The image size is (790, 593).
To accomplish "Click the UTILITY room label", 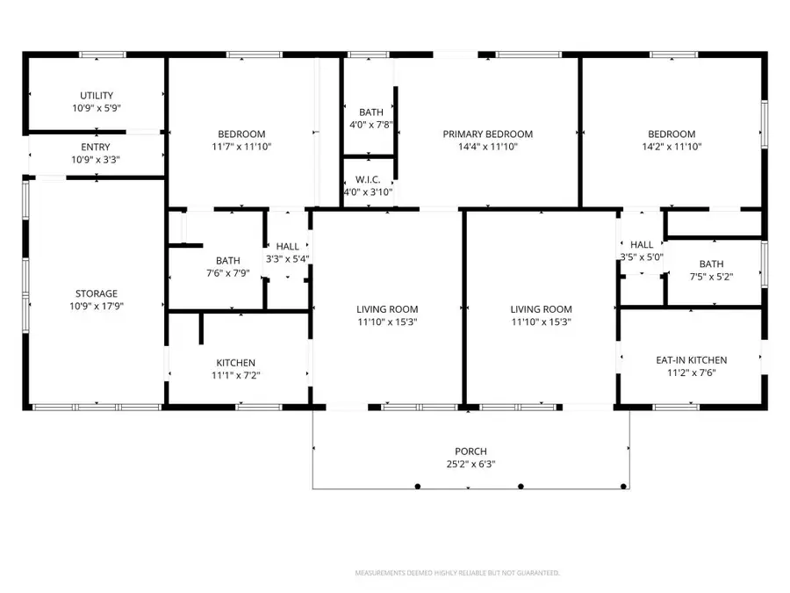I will (97, 96).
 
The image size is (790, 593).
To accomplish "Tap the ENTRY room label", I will (97, 147).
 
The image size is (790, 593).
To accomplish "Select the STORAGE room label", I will (97, 293).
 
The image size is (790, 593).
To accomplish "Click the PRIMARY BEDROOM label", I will (487, 134).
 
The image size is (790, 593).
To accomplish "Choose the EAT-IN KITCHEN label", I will (692, 360).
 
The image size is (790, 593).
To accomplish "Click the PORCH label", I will (470, 452).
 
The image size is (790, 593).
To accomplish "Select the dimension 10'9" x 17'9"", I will (97, 307).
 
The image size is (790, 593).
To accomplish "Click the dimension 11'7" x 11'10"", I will (241, 147).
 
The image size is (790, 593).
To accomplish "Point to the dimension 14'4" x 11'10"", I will (487, 147).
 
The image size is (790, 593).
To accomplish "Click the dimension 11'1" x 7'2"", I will (236, 375).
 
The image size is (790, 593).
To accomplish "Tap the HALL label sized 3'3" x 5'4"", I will (288, 247).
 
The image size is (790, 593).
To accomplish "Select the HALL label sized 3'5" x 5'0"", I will (642, 244).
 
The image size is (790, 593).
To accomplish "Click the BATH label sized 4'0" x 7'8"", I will (370, 112).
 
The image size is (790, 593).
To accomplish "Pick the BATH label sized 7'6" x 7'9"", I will (228, 260).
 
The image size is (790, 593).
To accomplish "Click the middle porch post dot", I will (521, 486).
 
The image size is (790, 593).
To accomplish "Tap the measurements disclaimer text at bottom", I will (456, 573).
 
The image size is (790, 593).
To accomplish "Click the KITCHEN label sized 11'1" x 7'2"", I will (236, 363).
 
